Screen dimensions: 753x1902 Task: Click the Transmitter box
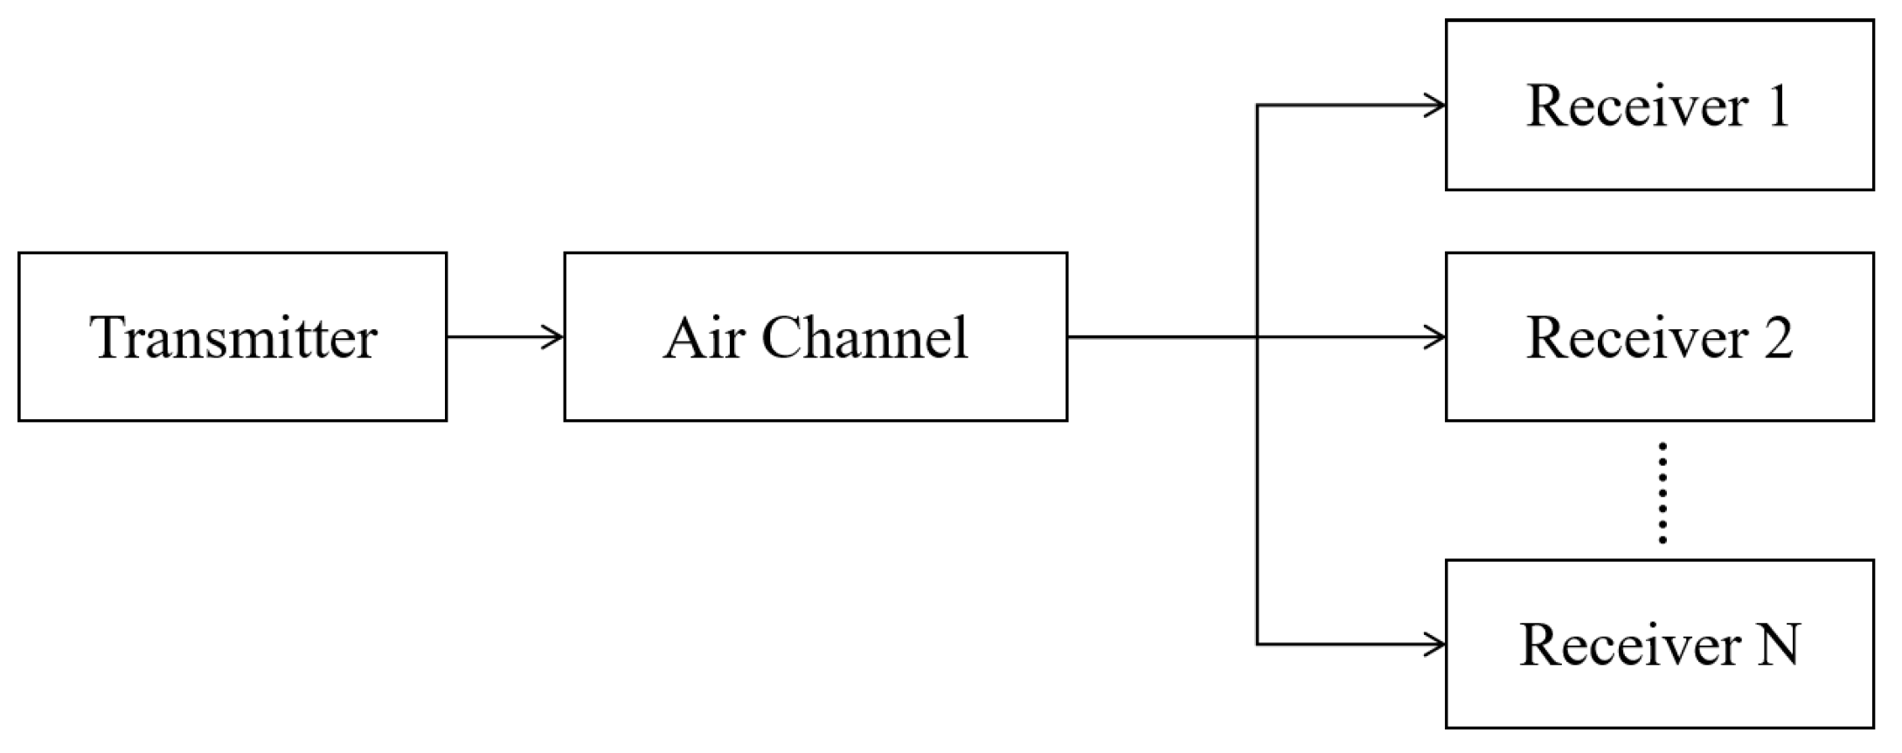point(233,337)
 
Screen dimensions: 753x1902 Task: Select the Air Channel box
point(815,337)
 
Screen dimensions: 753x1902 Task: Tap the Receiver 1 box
point(1659,105)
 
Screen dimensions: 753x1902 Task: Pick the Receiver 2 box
point(1659,337)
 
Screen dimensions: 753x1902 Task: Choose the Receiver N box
point(1659,644)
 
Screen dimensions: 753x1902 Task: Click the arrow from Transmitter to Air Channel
point(505,336)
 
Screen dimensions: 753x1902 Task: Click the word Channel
point(864,337)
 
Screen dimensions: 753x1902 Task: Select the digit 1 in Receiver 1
point(1777,107)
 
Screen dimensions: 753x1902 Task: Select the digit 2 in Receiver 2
point(1776,337)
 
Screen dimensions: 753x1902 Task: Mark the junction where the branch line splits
point(1257,336)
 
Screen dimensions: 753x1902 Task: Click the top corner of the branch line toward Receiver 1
point(1257,106)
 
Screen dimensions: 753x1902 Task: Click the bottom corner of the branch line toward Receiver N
point(1257,645)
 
